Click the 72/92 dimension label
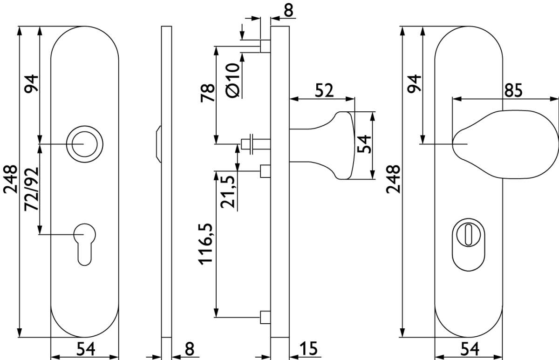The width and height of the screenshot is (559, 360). click(x=32, y=189)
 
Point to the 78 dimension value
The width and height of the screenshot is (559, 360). click(x=208, y=93)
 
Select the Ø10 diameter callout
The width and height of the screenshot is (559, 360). click(x=232, y=80)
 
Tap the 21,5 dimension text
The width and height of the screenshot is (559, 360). click(x=227, y=192)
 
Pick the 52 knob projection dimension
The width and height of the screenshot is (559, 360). click(x=324, y=90)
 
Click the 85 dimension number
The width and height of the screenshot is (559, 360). click(x=513, y=90)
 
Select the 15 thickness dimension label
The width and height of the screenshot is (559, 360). click(x=308, y=348)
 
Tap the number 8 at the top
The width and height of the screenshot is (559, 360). click(x=288, y=10)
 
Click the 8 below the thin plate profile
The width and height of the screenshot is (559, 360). click(x=190, y=348)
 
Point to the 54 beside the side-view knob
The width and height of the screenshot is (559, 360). click(x=364, y=144)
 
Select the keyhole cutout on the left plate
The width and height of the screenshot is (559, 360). click(x=85, y=245)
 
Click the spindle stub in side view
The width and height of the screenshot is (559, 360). click(x=256, y=144)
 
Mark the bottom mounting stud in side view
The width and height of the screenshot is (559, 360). click(x=265, y=317)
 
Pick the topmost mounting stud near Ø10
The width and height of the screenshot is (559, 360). click(x=265, y=46)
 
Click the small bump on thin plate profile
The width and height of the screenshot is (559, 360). click(x=159, y=144)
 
